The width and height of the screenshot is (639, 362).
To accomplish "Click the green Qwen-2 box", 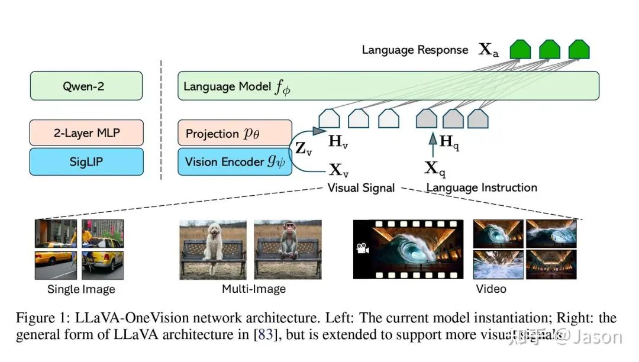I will coord(86,86).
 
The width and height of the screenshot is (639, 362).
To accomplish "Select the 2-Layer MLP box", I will coord(86,133).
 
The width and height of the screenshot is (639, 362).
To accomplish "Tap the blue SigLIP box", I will coord(86,161).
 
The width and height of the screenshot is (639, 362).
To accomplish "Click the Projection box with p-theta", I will coord(235,133).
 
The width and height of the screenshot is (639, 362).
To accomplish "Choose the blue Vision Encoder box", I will coord(235,161).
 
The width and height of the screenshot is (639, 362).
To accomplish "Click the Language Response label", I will coord(415,50).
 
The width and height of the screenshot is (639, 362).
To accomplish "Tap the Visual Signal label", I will coord(361,188).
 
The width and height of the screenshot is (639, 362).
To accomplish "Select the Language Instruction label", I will coord(482,188).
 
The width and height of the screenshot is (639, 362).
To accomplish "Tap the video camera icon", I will coord(362,249).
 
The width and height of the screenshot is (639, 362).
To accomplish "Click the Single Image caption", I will coord(81,290).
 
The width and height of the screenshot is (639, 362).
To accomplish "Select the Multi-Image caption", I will coord(253,289).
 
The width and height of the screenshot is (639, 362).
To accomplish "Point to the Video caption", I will coord(491,289).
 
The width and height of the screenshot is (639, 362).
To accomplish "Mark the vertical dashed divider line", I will coord(161,118).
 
